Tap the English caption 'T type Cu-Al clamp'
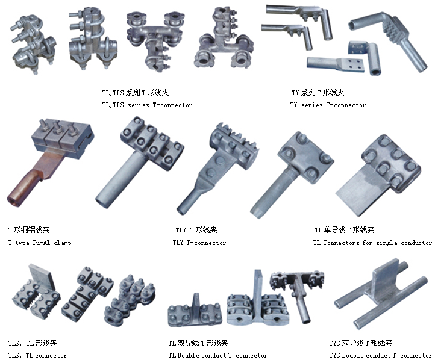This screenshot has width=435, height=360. click(x=40, y=243)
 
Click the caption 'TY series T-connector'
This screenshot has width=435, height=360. click(x=328, y=105)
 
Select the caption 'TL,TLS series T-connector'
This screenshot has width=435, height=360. click(x=147, y=105)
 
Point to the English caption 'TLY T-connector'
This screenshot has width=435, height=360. click(x=199, y=243)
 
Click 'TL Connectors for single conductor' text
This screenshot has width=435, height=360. click(x=372, y=243)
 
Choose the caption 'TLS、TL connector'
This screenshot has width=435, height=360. click(x=37, y=355)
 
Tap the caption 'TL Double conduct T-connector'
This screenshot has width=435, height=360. click(x=218, y=355)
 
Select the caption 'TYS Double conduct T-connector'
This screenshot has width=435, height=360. click(x=381, y=355)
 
